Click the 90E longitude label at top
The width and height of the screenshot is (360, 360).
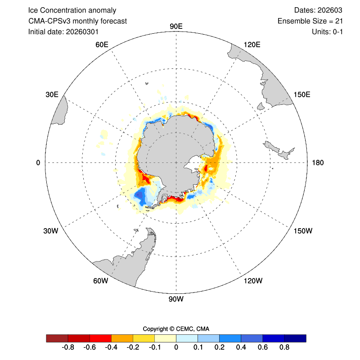coord(176,26)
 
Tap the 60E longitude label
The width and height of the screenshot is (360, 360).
coord(102,44)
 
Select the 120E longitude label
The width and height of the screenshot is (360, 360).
coord(252,44)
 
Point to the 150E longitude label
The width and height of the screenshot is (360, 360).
coord(302,94)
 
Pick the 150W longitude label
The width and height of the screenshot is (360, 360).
coord(303,231)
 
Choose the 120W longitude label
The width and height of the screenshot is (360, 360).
coord(252,281)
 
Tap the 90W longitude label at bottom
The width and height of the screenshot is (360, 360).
coord(176,299)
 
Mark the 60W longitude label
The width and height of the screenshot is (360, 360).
coord(101,281)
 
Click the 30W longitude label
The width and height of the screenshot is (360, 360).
coord(51,231)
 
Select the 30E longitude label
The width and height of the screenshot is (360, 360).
coord(52,94)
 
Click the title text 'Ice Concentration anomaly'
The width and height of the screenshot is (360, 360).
coord(72,10)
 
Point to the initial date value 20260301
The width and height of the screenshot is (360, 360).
coord(82,31)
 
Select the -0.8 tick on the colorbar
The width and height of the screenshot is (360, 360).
coord(68,348)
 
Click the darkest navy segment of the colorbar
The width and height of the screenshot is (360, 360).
coord(295,338)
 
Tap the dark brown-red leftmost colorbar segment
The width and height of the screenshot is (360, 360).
coord(57,338)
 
